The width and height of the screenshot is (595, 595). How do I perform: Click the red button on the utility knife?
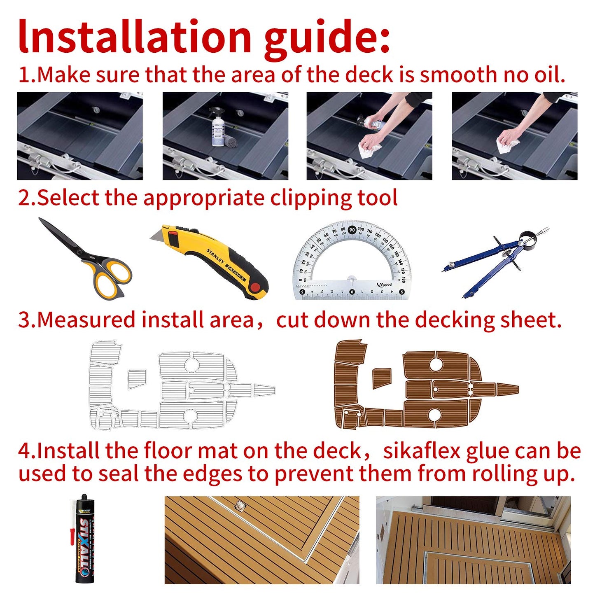tap(255, 288)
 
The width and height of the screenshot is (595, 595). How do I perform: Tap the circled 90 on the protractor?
tap(352, 230)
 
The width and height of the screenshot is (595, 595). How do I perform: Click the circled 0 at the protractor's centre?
tap(352, 292)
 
